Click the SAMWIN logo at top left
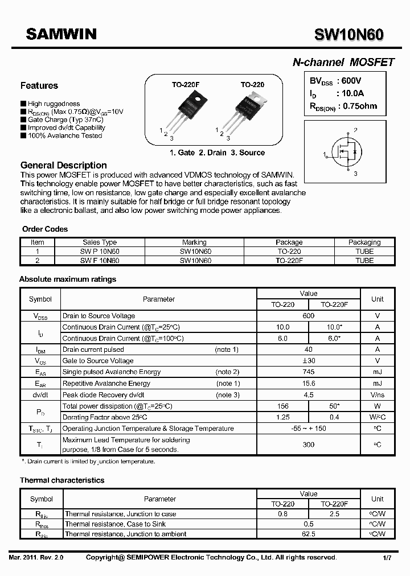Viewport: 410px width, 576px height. pyautogui.click(x=61, y=35)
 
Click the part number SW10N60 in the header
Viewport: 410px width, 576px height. pyautogui.click(x=348, y=35)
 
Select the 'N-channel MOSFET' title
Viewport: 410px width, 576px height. pyautogui.click(x=343, y=63)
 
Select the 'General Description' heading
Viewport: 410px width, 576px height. pyautogui.click(x=64, y=165)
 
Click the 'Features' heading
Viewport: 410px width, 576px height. pyautogui.click(x=39, y=86)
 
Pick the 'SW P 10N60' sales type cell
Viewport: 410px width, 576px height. pyautogui.click(x=100, y=251)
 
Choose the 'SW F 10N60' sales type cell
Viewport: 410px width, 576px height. pyautogui.click(x=100, y=260)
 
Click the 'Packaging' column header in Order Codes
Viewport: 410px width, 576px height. pyautogui.click(x=364, y=242)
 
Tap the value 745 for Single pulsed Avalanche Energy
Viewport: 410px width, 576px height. pyautogui.click(x=308, y=372)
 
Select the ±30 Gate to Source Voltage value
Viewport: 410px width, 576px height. pyautogui.click(x=308, y=361)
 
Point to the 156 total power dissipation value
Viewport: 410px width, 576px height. pyautogui.click(x=282, y=406)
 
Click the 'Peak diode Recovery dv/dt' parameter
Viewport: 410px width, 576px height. pyautogui.click(x=104, y=395)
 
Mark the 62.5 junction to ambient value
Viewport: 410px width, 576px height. pyautogui.click(x=308, y=534)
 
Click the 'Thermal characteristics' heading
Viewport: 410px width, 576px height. pyautogui.click(x=62, y=480)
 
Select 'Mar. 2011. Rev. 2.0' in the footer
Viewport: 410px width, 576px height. pyautogui.click(x=36, y=558)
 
